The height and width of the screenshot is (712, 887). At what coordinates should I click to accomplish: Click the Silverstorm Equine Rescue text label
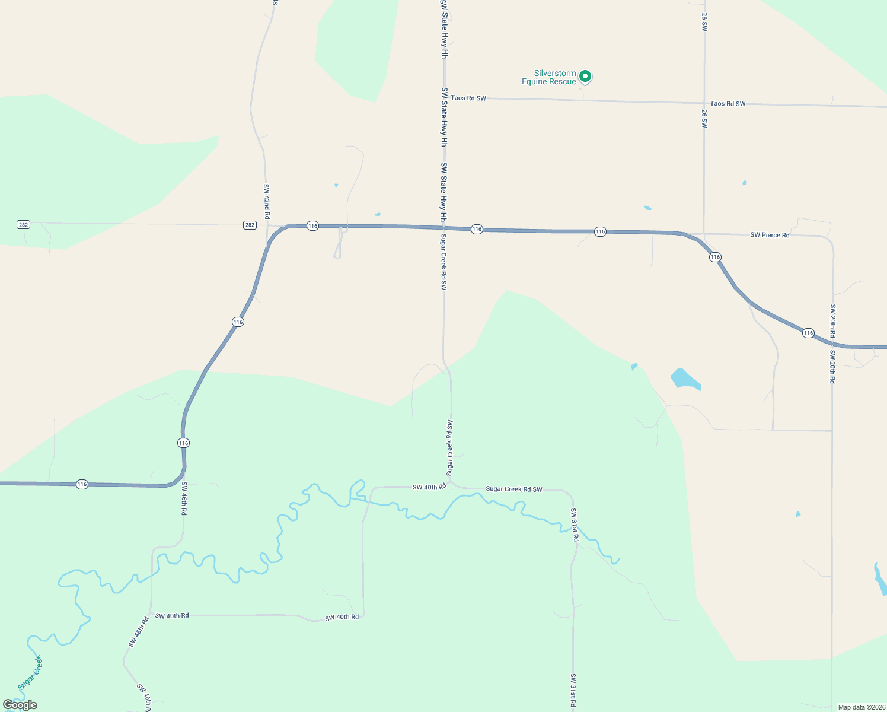pyautogui.click(x=548, y=78)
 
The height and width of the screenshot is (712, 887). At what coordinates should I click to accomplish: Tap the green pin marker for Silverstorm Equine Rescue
pyautogui.click(x=585, y=76)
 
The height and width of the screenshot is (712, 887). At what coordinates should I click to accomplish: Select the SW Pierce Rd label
pyautogui.click(x=770, y=235)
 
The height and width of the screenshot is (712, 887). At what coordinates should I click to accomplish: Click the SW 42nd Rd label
pyautogui.click(x=267, y=202)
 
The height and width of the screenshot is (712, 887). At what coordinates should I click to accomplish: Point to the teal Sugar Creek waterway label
pyautogui.click(x=30, y=673)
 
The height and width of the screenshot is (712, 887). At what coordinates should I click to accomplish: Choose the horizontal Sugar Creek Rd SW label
pyautogui.click(x=513, y=490)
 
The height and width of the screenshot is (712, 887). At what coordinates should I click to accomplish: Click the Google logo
pyautogui.click(x=20, y=705)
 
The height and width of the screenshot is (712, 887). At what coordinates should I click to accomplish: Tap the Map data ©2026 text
pyautogui.click(x=861, y=707)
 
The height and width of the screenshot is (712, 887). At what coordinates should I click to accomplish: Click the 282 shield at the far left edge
pyautogui.click(x=23, y=225)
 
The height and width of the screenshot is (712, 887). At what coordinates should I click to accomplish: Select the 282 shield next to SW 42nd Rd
pyautogui.click(x=250, y=225)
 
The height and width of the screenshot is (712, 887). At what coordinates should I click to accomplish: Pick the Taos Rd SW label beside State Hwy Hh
pyautogui.click(x=468, y=98)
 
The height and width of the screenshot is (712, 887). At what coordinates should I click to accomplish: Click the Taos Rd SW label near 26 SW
pyautogui.click(x=728, y=104)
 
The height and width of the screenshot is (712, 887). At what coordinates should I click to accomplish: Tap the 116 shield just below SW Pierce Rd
pyautogui.click(x=715, y=258)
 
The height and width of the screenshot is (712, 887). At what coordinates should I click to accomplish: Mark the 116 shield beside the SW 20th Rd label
pyautogui.click(x=808, y=333)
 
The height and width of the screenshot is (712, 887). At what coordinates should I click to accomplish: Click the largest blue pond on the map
pyautogui.click(x=685, y=379)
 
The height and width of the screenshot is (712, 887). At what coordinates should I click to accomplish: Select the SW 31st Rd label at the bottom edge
pyautogui.click(x=573, y=690)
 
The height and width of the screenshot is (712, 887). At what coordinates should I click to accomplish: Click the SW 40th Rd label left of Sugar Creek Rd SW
pyautogui.click(x=429, y=487)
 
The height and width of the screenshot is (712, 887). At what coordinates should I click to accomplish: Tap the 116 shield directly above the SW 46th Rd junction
pyautogui.click(x=183, y=443)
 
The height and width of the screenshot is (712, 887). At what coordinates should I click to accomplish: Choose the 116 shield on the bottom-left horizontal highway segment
pyautogui.click(x=82, y=485)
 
